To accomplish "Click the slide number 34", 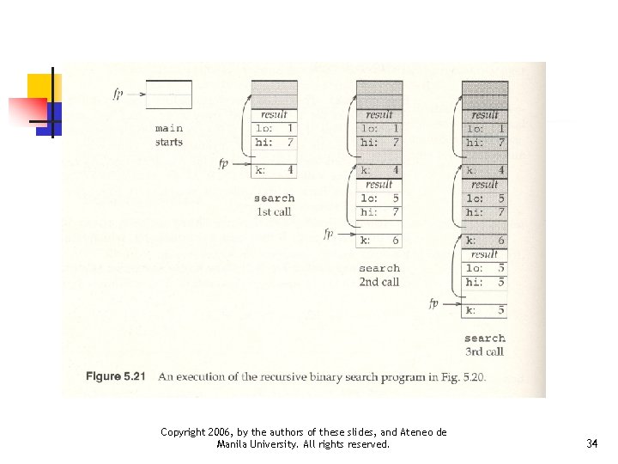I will point(591,444).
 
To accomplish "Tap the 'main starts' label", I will point(169,135).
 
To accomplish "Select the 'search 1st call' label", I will point(274,205).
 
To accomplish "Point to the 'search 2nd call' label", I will point(379,275).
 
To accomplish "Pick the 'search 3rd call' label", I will point(485,345).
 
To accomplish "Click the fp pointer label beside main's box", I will point(118,93).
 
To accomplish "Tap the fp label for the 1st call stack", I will point(223,163).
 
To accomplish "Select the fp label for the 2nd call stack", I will point(328,233).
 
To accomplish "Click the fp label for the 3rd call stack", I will point(433,302).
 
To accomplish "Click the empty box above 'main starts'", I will point(168,94).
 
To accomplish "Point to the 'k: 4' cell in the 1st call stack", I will point(275,170).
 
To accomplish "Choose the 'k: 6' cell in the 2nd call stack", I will point(379,241).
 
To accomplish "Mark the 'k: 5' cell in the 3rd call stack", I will point(485,310).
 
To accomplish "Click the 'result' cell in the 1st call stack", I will point(274,115).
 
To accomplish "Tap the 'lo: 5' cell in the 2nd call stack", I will point(379,198).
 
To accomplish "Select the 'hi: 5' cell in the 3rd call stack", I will point(485,282).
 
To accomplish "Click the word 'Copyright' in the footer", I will point(184,432).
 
